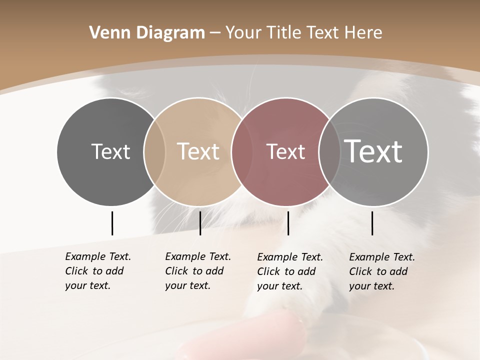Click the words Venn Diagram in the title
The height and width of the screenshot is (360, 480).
(x=147, y=33)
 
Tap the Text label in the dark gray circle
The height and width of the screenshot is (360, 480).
(x=110, y=151)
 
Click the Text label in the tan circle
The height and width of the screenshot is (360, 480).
(x=198, y=151)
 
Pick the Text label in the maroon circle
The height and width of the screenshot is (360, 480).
(x=285, y=151)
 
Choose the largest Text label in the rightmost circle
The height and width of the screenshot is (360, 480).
(x=373, y=151)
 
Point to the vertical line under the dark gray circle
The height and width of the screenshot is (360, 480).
(x=112, y=223)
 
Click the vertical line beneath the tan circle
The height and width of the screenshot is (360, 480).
(x=200, y=223)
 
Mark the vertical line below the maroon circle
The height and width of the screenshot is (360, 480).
(x=288, y=223)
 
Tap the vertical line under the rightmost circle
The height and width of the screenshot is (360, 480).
(x=372, y=223)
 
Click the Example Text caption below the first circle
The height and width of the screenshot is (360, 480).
(x=97, y=271)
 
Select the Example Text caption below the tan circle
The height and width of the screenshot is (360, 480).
(x=197, y=271)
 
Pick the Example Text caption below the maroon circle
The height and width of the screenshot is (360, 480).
(x=289, y=271)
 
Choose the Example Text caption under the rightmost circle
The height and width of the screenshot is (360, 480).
(x=381, y=271)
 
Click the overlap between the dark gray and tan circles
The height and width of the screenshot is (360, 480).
(x=154, y=151)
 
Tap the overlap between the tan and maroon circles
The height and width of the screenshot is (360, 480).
(x=237, y=151)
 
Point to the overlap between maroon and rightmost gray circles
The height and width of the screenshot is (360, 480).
(x=325, y=151)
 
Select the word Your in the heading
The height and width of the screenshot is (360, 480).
(x=242, y=33)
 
